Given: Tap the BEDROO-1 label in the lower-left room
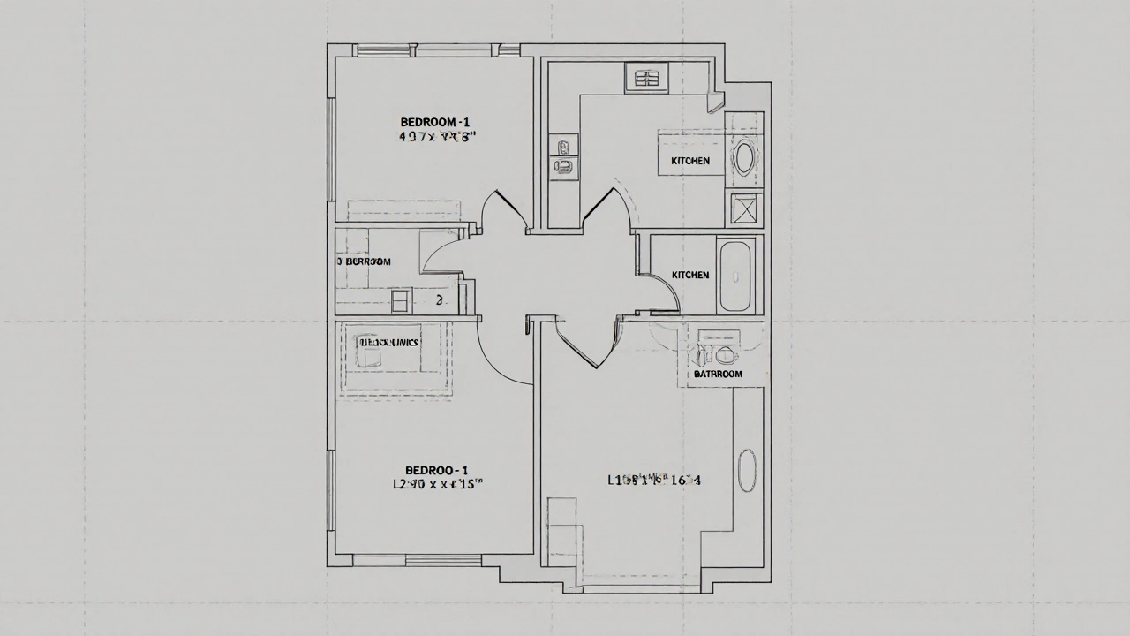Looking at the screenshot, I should [436, 470].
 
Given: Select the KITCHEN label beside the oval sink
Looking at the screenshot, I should [690, 161].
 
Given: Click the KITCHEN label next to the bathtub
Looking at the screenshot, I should [690, 275].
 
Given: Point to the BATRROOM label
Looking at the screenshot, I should [718, 374].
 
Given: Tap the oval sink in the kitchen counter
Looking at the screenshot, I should [745, 158].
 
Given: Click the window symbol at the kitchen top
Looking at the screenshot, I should [648, 78].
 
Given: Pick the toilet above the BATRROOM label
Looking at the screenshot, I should [725, 355].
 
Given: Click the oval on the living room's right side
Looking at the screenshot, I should [747, 471].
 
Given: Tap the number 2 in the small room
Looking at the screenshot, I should [440, 300].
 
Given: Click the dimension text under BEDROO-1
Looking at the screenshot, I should [437, 484].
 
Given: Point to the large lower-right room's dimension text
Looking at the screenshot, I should [654, 481].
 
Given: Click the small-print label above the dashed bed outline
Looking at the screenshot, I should [388, 342].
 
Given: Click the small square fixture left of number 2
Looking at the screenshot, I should [401, 301].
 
